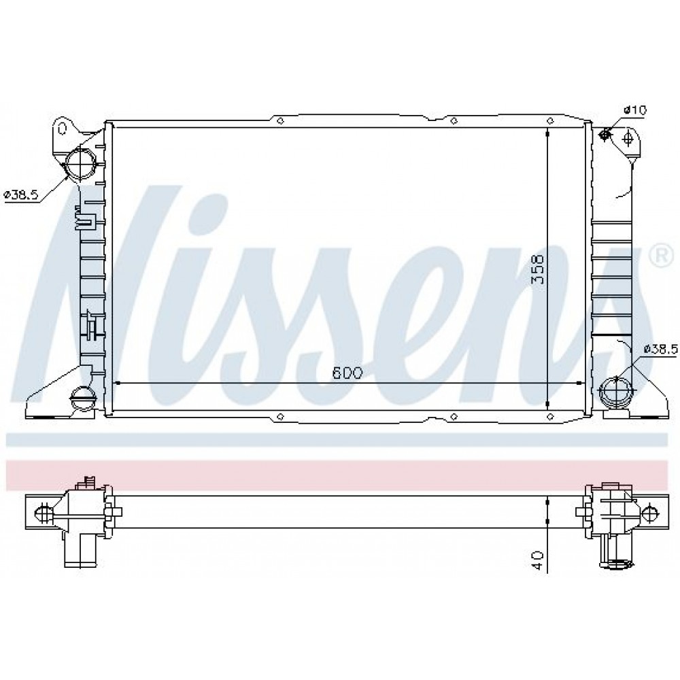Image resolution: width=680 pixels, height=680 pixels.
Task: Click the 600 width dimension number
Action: pos(347,373)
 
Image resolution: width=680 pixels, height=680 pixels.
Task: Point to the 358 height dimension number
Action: pos(537,269)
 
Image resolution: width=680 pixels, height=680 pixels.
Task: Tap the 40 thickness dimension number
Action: pos(537,560)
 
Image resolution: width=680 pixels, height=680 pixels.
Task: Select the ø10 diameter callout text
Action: pos(635,110)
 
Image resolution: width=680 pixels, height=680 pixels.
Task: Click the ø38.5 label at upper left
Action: pos(21,195)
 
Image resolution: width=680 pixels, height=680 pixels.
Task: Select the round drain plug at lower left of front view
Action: pos(82,397)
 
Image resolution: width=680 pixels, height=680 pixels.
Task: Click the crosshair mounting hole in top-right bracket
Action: pos(627,139)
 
